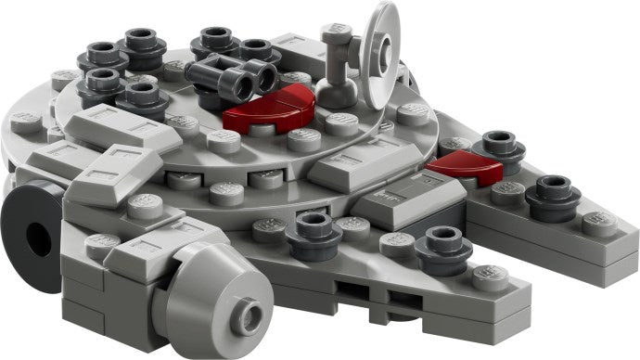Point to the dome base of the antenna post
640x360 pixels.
pos(338,91)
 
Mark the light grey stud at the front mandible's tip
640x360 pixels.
pos(491,275)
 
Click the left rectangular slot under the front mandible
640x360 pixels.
pos(348,295)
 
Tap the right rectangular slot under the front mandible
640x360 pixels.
pos(400,298)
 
